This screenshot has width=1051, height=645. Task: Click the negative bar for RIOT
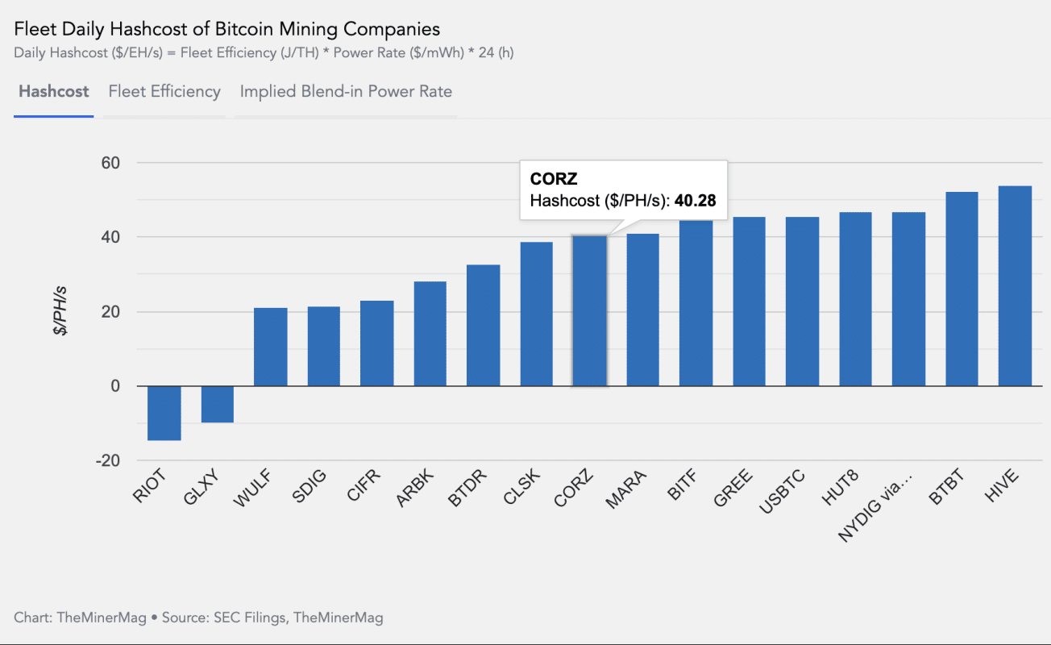coord(164,413)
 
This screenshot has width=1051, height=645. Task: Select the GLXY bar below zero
coord(217,404)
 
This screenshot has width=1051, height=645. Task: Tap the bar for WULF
coord(270,347)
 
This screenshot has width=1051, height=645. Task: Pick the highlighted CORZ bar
coord(589,311)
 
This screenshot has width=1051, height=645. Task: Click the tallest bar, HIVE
coord(1015,286)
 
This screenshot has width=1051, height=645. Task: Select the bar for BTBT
coord(962,289)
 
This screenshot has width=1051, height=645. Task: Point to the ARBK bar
coord(430,334)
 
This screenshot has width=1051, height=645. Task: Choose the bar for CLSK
coord(536,314)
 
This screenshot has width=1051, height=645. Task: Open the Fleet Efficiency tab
coord(164,92)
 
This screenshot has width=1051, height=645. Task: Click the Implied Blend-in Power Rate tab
coord(346,92)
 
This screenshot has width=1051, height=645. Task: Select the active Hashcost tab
coord(53,92)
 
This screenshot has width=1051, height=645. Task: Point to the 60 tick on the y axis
coord(109,163)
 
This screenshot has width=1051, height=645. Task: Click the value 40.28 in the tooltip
coord(696,201)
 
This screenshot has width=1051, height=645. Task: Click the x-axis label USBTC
coord(781,493)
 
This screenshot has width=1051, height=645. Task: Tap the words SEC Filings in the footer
coord(249,618)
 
